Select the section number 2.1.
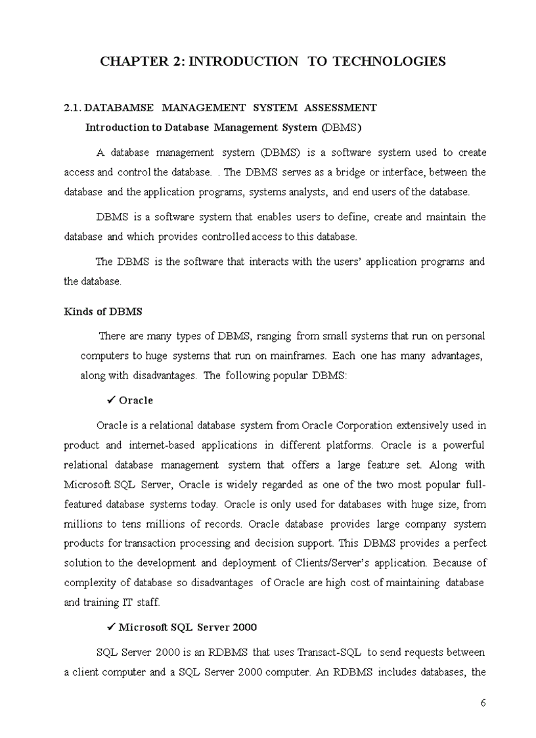coord(73,107)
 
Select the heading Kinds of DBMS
coord(103,311)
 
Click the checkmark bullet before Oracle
coord(111,400)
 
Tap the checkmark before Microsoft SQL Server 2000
coord(111,627)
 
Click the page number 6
coord(483,703)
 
